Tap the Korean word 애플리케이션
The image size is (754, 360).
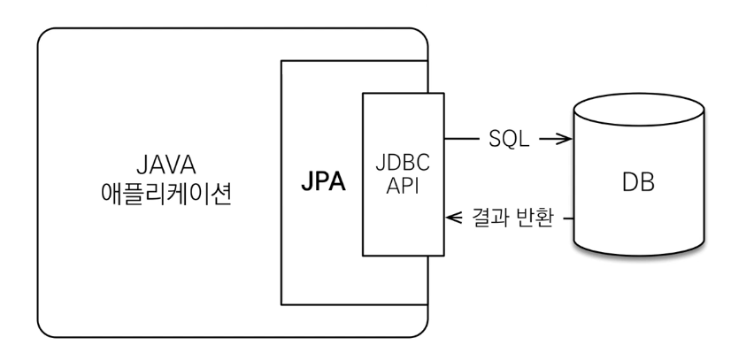pyautogui.click(x=166, y=194)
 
